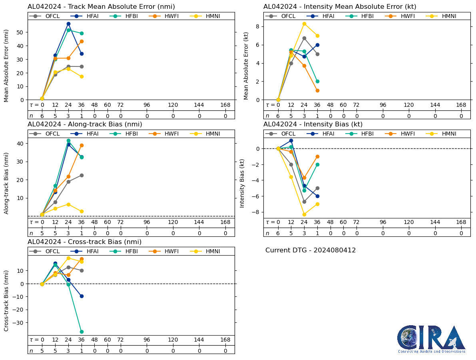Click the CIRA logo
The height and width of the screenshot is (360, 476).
tap(431, 338)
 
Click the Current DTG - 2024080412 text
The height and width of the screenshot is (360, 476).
tap(311, 250)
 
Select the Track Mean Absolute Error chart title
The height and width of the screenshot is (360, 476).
tap(101, 7)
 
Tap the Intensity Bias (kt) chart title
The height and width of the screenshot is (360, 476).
tap(313, 124)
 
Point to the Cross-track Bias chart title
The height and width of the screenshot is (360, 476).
tap(84, 242)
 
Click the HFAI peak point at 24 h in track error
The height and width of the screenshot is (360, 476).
tap(68, 24)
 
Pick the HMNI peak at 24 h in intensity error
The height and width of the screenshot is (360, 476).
tap(304, 24)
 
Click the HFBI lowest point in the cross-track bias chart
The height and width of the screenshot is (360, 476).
tap(82, 332)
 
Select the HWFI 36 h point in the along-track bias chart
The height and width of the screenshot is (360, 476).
tap(82, 145)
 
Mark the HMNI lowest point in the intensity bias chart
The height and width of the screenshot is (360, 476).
tap(304, 214)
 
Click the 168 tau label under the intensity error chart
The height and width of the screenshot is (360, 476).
tap(461, 105)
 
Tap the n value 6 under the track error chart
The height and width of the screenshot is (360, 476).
tap(42, 116)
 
